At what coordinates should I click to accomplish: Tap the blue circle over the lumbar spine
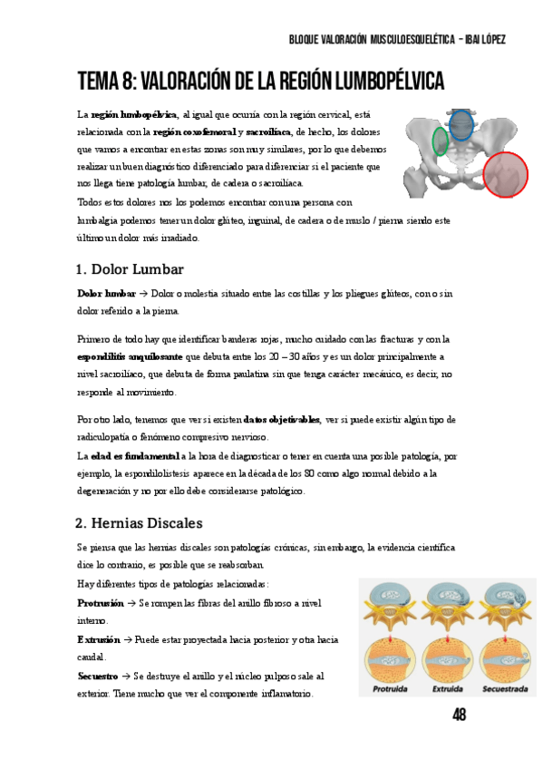click(461, 124)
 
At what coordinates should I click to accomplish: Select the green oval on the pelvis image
click(441, 141)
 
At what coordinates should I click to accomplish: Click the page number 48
click(460, 715)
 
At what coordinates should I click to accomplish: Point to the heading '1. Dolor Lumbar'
click(131, 269)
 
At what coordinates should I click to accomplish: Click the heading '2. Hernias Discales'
click(139, 523)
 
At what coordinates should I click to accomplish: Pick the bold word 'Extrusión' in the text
click(99, 639)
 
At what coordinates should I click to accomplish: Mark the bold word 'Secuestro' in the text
click(98, 677)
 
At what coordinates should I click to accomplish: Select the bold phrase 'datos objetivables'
click(282, 419)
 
